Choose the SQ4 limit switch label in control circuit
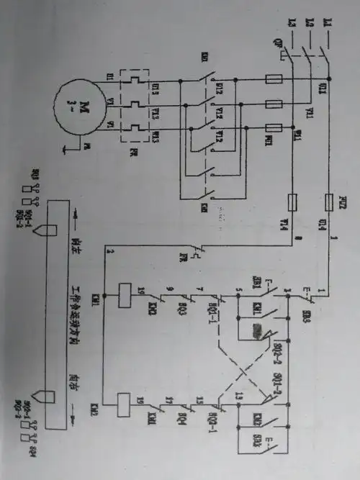[x=176, y=417]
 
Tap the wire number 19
[x=141, y=402]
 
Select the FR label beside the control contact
[x=176, y=257]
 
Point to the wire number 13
[x=235, y=396]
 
